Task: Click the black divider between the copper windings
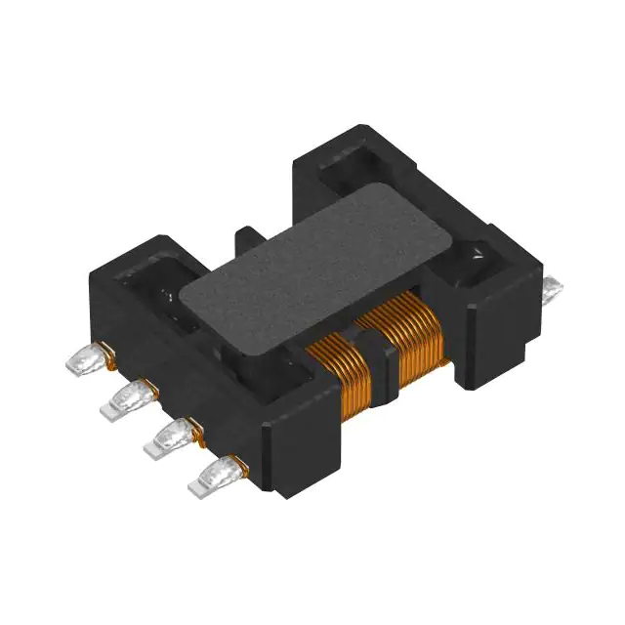click(376, 356)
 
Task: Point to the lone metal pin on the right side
click(552, 287)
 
